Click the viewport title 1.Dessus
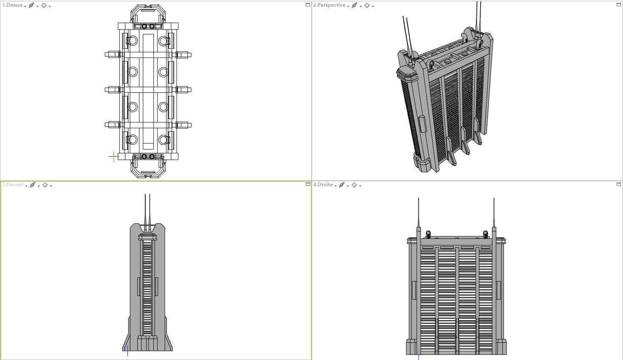(x=13, y=6)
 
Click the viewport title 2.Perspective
(x=329, y=6)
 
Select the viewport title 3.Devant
(x=13, y=185)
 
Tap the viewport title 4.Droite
(x=323, y=185)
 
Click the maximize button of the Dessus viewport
(x=308, y=5)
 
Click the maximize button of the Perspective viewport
(x=618, y=5)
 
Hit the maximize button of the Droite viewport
(x=618, y=184)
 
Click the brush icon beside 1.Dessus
(x=31, y=6)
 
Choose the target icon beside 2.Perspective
(x=367, y=6)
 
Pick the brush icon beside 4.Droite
(x=341, y=185)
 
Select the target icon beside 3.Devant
(x=45, y=185)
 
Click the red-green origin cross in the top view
(x=114, y=156)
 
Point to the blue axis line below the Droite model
(x=418, y=357)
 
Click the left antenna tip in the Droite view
(x=418, y=199)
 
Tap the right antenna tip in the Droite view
(x=494, y=199)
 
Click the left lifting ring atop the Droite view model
(x=428, y=233)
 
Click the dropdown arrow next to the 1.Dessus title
(x=25, y=6)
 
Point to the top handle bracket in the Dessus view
(x=148, y=10)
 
